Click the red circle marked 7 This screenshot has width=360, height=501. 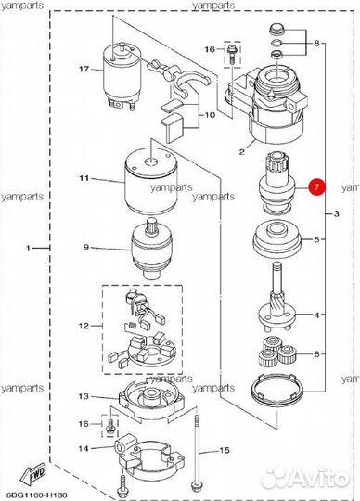click(316, 186)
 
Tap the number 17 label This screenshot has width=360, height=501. click(84, 69)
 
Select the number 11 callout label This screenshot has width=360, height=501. click(84, 177)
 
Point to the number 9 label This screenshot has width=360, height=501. click(86, 247)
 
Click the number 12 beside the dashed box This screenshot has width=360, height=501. click(84, 326)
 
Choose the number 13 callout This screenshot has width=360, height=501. click(84, 396)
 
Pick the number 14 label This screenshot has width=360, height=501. click(84, 449)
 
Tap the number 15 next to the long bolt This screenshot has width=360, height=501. click(225, 450)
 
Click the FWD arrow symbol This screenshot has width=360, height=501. click(33, 475)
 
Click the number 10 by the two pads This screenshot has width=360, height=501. click(210, 114)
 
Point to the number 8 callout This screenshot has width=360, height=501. click(316, 43)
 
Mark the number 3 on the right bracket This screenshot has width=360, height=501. click(336, 213)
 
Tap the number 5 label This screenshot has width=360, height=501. click(316, 239)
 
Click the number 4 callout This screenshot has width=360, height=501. click(316, 315)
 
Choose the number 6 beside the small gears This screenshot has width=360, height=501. click(316, 354)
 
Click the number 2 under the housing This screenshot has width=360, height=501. click(242, 151)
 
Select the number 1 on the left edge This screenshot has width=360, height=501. click(29, 248)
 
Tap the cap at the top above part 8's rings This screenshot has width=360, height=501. click(276, 30)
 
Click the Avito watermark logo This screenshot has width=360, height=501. click(308, 479)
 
